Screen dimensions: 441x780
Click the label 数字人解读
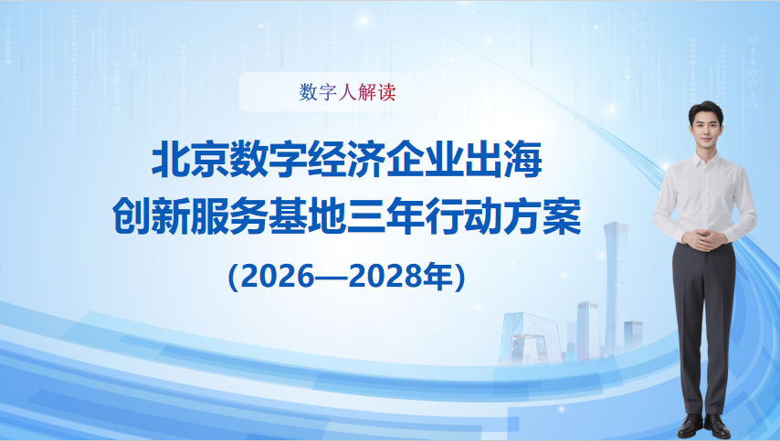click(x=347, y=92)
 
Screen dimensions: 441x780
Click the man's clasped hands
click(x=705, y=242)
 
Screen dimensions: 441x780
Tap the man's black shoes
click(x=704, y=425)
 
